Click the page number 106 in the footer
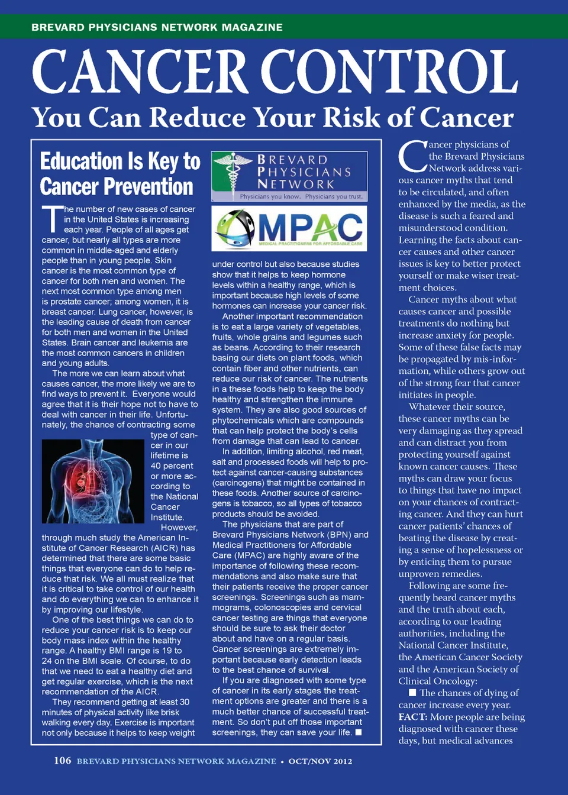pos(62,761)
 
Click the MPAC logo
pos(289,228)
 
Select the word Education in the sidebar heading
pos(81,161)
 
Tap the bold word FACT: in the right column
pos(412,717)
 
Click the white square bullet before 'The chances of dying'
pos(412,693)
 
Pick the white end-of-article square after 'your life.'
pos(358,732)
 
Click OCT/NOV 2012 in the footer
pos(320,761)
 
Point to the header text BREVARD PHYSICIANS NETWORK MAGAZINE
pos(157,27)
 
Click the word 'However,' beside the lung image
pos(179,528)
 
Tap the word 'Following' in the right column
pos(437,586)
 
